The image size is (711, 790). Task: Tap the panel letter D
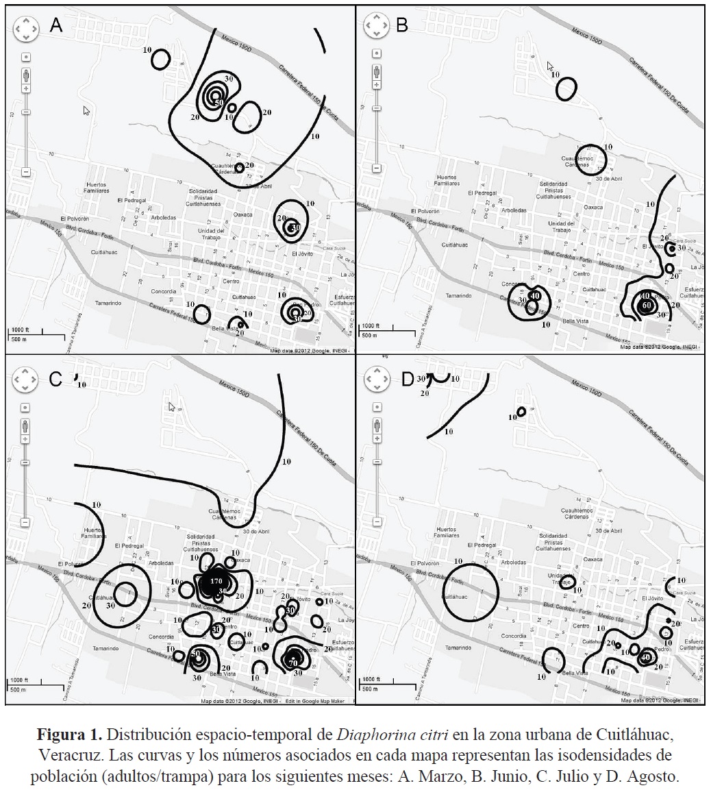(407, 380)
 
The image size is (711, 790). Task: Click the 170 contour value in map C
(216, 582)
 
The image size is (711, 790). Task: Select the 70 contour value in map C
(293, 663)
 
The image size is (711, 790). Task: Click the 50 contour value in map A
(219, 103)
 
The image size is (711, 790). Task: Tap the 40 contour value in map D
(645, 658)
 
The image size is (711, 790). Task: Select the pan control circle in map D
(376, 379)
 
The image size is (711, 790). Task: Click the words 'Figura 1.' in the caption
(69, 735)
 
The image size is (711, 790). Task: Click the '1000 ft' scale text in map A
(21, 330)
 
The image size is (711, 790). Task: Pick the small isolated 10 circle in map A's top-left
(160, 59)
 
